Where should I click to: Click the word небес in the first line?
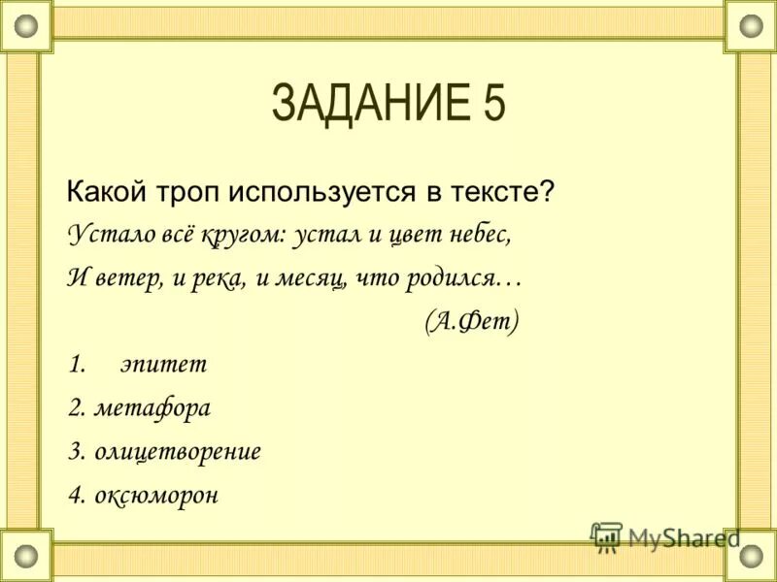[479, 235]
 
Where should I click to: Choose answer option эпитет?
[163, 366]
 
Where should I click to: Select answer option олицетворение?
[178, 452]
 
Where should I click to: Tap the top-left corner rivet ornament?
[26, 26]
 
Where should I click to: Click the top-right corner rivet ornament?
[751, 26]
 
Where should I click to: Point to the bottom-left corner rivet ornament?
[26, 556]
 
